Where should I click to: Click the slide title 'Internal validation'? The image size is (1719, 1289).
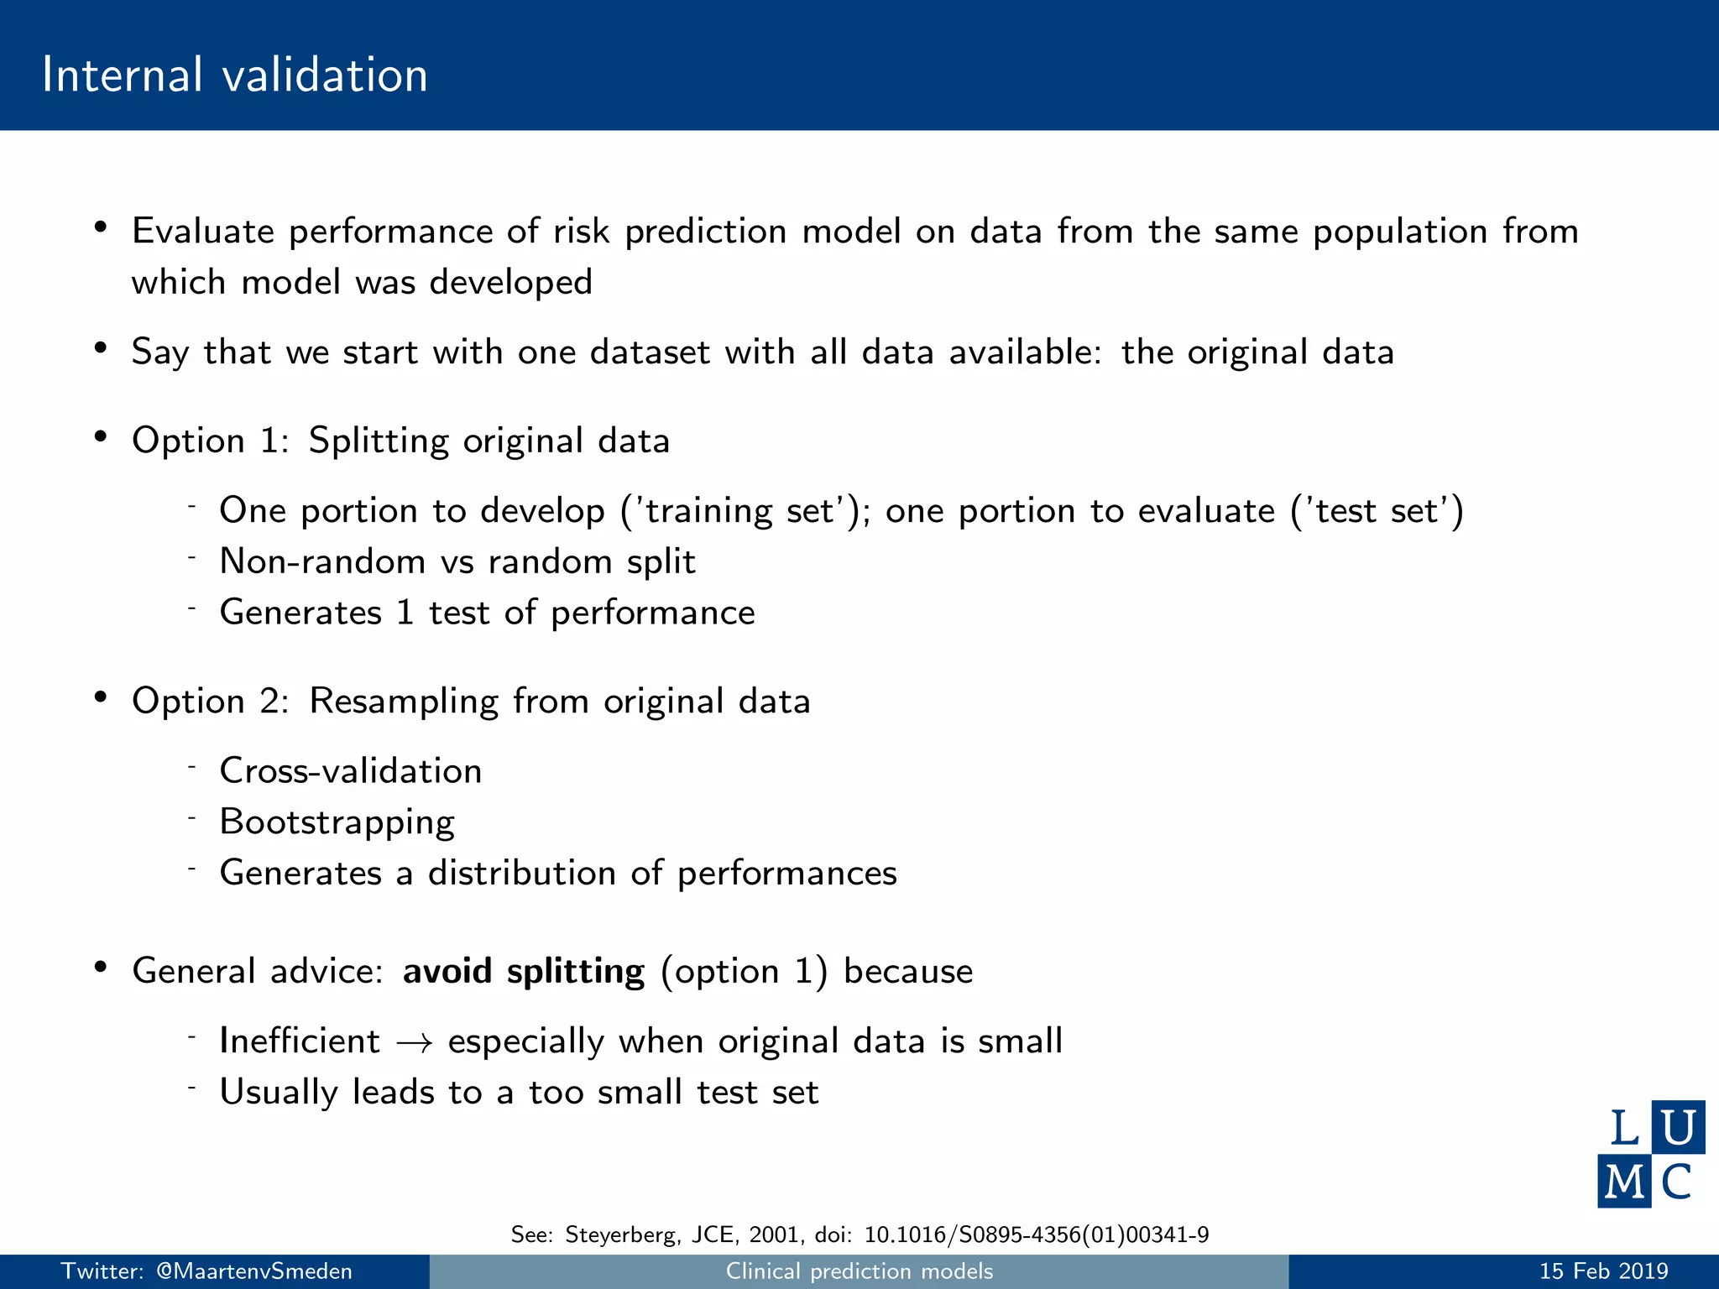tap(235, 75)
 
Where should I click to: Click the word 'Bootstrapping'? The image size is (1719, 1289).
tap(337, 822)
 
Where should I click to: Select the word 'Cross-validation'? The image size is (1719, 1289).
tap(350, 771)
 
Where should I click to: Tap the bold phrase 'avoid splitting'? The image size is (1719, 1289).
tap(523, 972)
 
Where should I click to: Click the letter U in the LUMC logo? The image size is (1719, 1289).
tap(1677, 1127)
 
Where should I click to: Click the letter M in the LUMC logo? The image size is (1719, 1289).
tap(1624, 1182)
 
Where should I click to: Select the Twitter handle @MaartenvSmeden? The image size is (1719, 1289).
tap(254, 1271)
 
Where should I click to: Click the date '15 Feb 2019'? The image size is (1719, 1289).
tap(1603, 1271)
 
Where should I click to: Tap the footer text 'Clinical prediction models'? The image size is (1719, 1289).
tap(859, 1271)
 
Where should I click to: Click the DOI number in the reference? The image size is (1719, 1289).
tap(1036, 1234)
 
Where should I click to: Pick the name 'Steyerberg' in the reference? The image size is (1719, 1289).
tap(621, 1234)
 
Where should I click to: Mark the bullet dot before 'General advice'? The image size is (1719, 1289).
tap(101, 967)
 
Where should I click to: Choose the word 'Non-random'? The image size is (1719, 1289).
tap(322, 561)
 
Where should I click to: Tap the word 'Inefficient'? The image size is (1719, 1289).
tap(300, 1041)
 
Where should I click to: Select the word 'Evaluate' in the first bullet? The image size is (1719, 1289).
tap(203, 232)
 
